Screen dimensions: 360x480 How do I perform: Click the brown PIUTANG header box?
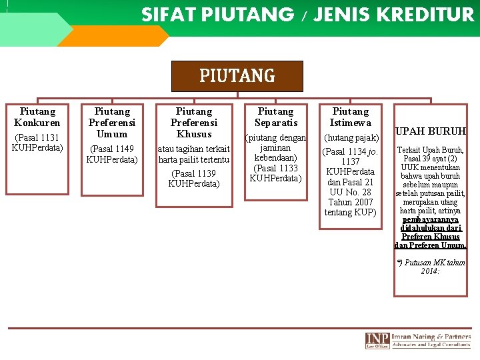[x=237, y=76]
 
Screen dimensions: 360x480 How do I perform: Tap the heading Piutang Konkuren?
[x=37, y=117]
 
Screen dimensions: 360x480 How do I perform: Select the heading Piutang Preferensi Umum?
[x=112, y=123]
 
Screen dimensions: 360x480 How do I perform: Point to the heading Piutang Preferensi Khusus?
[x=194, y=123]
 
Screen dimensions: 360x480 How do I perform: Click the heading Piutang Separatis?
[x=275, y=117]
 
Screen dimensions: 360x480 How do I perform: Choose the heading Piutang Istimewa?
[x=351, y=117]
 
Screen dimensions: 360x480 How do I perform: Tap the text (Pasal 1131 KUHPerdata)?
[x=37, y=143]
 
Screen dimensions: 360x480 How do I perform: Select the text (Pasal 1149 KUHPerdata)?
[x=112, y=154]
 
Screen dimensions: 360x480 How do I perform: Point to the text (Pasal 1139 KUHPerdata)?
[x=194, y=179]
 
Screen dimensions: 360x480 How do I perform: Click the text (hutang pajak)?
[x=351, y=137]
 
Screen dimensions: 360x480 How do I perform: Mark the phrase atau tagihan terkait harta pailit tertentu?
[x=194, y=154]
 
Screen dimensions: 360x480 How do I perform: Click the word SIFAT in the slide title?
[x=163, y=14]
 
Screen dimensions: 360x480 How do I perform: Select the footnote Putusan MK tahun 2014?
[x=431, y=267]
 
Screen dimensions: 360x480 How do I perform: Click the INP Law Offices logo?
[x=377, y=340]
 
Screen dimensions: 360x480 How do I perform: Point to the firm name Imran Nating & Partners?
[x=431, y=336]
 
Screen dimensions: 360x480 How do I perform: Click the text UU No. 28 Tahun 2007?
[x=351, y=197]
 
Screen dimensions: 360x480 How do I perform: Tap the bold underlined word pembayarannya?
[x=431, y=219]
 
